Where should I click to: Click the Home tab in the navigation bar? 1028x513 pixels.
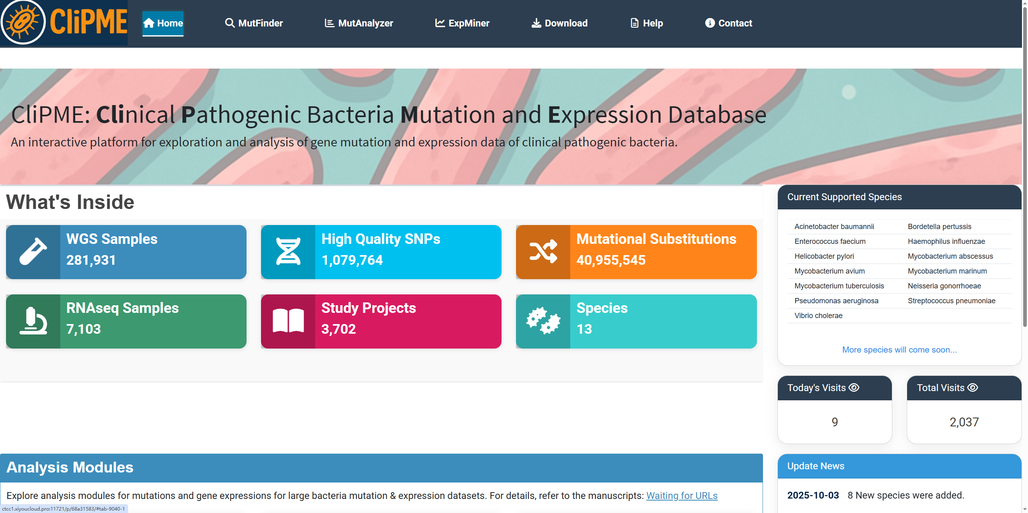pos(163,23)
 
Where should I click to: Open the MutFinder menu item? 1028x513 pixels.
pos(254,23)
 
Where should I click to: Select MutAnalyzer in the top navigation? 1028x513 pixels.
pos(359,23)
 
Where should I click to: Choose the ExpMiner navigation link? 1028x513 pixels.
pos(462,23)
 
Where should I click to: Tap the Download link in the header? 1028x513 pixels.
pos(559,23)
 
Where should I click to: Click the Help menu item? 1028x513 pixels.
pos(647,23)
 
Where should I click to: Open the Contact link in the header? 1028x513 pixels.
pos(728,23)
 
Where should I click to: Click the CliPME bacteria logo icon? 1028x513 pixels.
pos(23,22)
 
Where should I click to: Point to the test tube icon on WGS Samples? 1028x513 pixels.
pos(33,251)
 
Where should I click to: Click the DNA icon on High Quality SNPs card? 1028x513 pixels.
pos(288,251)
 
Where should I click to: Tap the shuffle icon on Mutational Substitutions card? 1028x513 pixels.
pos(543,251)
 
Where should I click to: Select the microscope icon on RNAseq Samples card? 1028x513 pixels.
pos(33,321)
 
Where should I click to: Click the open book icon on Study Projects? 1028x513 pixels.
pos(288,321)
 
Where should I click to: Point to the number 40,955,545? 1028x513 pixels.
pos(611,260)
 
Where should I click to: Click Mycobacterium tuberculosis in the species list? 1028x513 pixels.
pos(839,286)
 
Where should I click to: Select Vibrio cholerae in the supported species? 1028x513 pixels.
pos(818,316)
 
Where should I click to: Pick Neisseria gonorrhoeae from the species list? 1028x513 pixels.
pos(944,286)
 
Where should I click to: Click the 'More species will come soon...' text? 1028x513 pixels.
pos(899,350)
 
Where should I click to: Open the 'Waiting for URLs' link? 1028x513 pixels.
pos(682,496)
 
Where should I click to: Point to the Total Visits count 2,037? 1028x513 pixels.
pos(964,422)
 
